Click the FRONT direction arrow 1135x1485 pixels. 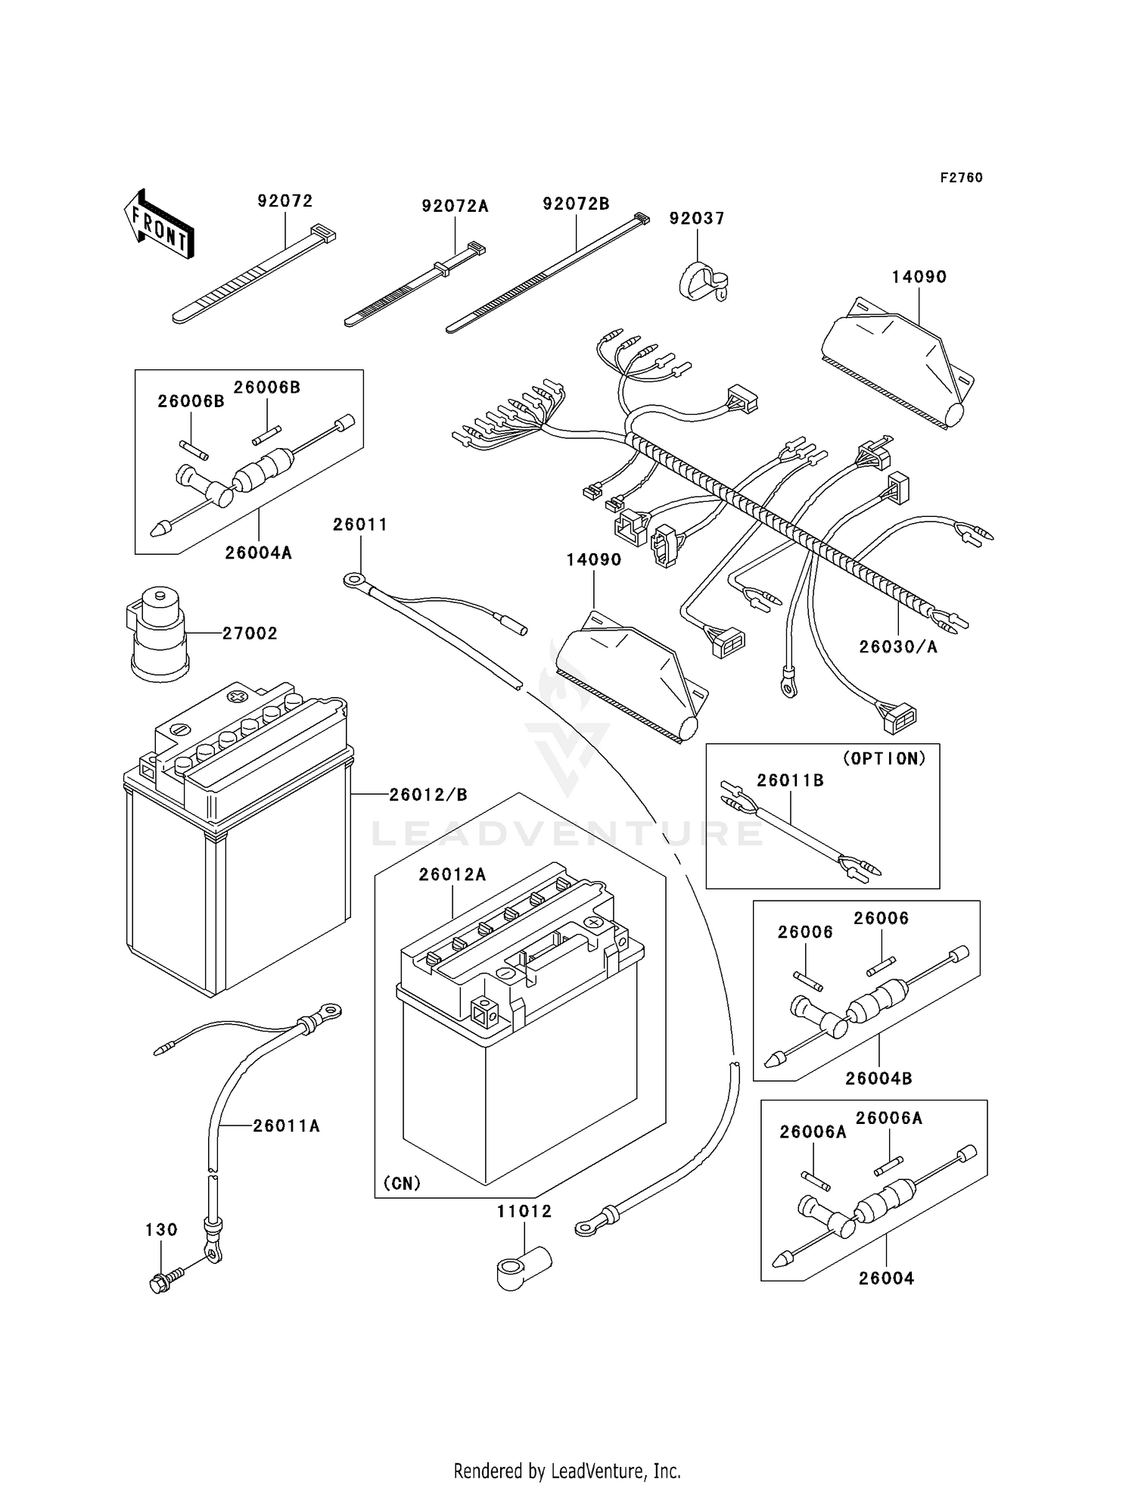point(159,225)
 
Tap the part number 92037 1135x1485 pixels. point(697,219)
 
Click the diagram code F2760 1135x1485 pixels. point(961,178)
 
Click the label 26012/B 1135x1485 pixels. point(428,795)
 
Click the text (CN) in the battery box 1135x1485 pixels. point(402,1183)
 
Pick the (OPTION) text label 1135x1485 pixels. point(884,758)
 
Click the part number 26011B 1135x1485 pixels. point(790,780)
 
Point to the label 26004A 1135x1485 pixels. point(258,553)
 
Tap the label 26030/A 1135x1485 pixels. point(898,646)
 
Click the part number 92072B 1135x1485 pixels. point(576,204)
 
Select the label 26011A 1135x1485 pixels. point(286,1126)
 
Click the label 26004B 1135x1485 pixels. point(878,1079)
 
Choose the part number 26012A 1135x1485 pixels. point(452,875)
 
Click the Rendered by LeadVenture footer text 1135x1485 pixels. point(567,1471)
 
